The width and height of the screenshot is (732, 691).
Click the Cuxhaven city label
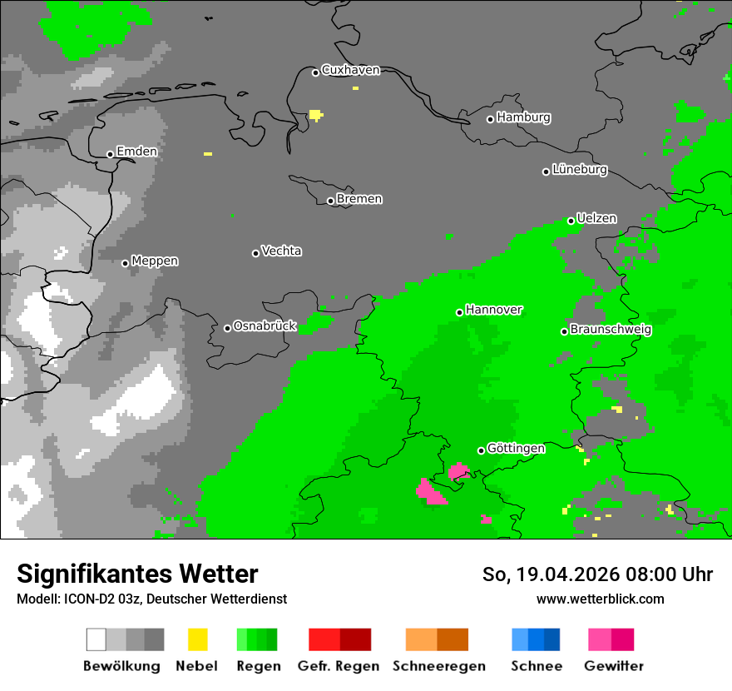350,70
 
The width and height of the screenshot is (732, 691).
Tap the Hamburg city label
523,117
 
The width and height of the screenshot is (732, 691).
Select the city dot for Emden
110,154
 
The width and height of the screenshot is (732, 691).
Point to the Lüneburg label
580,169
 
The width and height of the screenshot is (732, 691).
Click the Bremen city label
359,199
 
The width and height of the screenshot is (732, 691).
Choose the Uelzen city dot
571,221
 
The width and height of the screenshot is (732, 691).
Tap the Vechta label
281,251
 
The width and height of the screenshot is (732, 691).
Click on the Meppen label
155,261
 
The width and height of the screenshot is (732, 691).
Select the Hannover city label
493,310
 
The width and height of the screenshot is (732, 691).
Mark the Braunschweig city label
611,329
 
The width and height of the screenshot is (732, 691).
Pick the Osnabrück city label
265,326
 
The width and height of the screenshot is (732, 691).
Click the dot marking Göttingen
481,450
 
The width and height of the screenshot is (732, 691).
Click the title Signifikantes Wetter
137,574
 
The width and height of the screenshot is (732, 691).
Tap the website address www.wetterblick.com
600,599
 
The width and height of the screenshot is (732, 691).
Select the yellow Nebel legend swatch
197,639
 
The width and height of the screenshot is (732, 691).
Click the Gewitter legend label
613,666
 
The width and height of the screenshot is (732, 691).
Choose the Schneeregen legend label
438,666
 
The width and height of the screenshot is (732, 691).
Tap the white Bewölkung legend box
96,639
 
